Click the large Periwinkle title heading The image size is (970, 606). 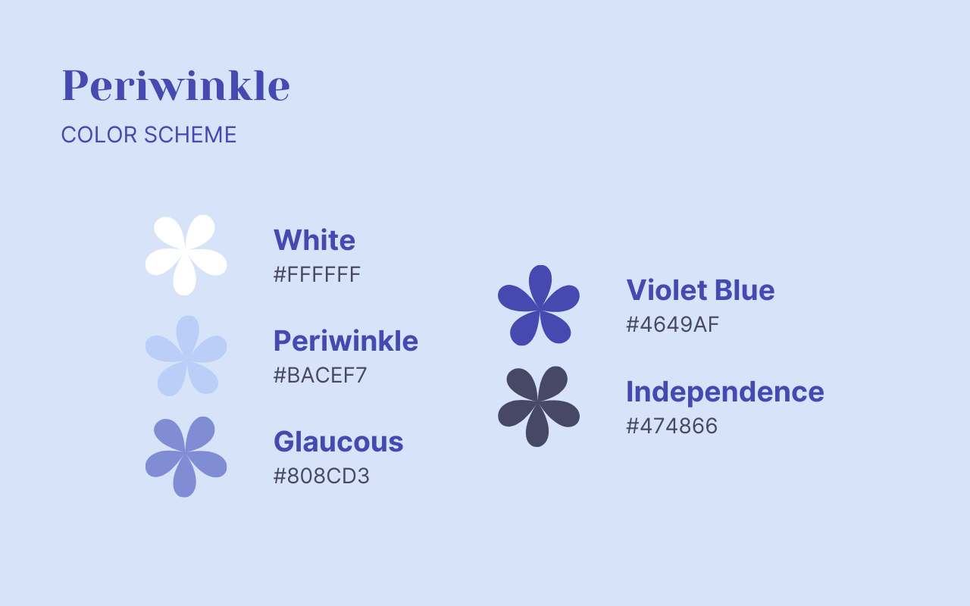(x=175, y=86)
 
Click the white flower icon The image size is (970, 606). (x=186, y=255)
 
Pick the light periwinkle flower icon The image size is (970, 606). (x=186, y=356)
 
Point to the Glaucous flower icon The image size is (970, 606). (x=186, y=457)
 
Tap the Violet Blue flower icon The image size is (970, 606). (x=539, y=305)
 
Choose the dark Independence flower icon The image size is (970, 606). (x=539, y=406)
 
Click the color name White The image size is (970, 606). (x=314, y=240)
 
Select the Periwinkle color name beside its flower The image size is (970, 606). (x=346, y=341)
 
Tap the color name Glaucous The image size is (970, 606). (x=338, y=442)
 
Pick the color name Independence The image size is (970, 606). (x=724, y=392)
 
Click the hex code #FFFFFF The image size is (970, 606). (x=317, y=274)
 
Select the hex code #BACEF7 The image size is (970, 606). (x=320, y=375)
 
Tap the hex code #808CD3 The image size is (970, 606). (x=321, y=476)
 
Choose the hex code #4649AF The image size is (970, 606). (x=672, y=324)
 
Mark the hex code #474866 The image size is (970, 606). (x=671, y=426)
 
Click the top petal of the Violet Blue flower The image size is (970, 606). (x=540, y=282)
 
